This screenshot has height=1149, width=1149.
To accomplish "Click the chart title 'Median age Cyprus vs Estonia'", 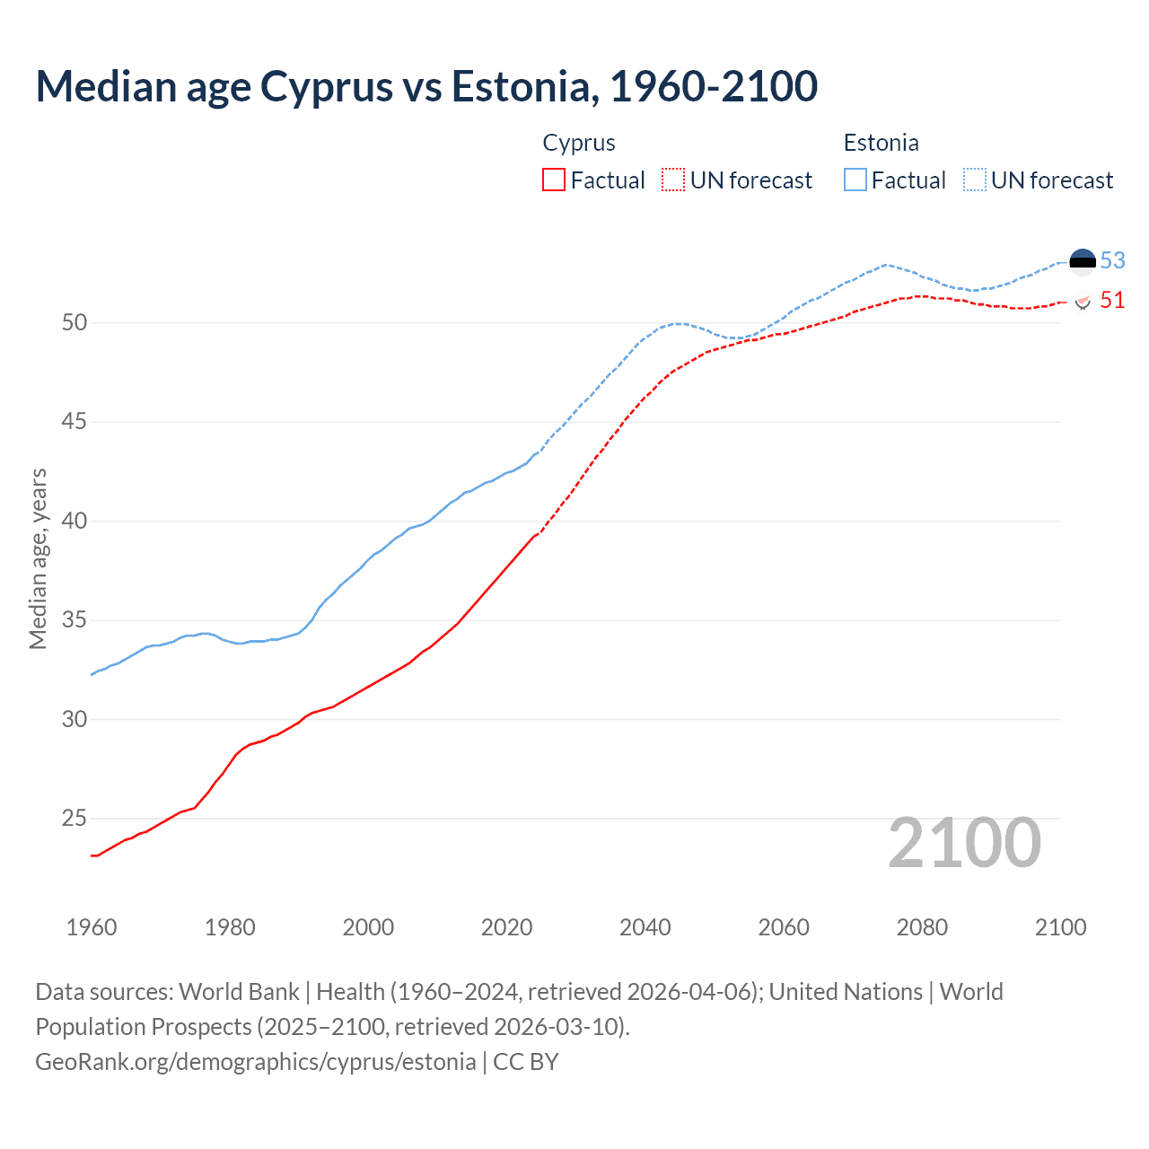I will (426, 86).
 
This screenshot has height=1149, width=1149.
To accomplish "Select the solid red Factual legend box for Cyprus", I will (554, 180).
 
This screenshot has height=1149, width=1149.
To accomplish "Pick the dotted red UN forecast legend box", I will (673, 180).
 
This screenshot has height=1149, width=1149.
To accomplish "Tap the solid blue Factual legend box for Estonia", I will (855, 180).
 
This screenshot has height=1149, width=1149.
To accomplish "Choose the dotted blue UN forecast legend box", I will (975, 180).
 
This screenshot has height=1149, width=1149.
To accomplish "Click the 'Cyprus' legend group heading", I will (579, 143).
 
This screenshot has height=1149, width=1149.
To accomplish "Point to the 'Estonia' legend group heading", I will (881, 143).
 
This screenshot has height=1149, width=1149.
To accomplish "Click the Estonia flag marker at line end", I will (1083, 261).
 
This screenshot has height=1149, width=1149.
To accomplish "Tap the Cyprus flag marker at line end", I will (1083, 301).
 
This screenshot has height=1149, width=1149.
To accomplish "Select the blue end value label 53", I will (1112, 260).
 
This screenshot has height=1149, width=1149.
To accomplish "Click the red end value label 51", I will (1112, 300).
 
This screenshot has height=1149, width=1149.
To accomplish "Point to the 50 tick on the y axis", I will (75, 322).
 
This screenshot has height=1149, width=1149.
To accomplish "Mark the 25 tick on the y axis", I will (75, 818).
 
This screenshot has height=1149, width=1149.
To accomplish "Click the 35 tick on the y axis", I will (75, 619).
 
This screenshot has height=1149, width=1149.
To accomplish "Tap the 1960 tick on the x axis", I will (92, 927).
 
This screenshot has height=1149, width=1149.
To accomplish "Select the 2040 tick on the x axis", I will (645, 927).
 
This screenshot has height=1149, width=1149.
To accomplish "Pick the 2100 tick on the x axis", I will (1060, 927).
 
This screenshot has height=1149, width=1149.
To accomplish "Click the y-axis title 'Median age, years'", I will (38, 558).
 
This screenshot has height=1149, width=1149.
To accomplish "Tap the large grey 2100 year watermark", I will (964, 843).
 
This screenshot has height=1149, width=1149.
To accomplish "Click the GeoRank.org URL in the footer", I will (256, 1062).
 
